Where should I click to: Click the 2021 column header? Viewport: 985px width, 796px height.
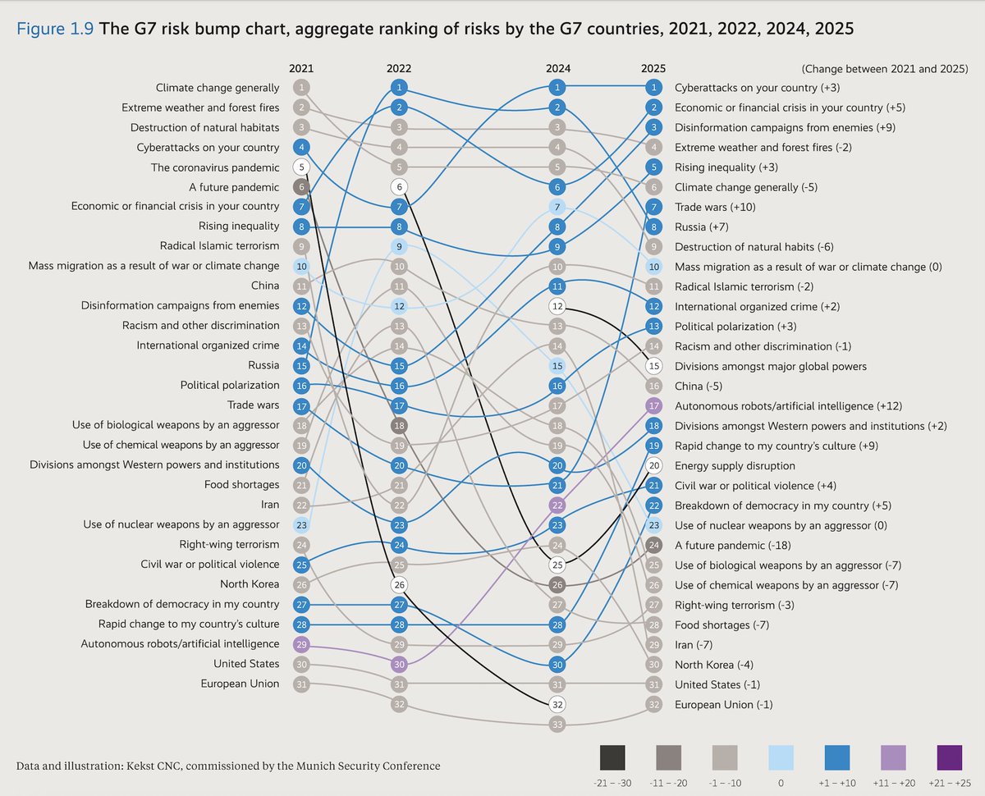pos(301,69)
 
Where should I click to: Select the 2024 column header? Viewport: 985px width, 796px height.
pos(558,69)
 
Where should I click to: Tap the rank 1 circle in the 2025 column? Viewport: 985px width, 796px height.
pos(653,87)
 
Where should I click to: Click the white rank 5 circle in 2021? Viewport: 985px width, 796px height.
pos(302,167)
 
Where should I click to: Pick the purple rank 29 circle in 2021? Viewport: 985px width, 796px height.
pos(302,644)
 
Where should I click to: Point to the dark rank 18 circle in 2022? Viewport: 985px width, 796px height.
pos(399,426)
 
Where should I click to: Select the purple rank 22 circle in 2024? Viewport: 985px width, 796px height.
pos(558,506)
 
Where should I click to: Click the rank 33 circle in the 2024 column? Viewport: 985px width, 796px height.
pos(558,724)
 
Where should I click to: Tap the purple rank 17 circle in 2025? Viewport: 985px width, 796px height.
pos(653,405)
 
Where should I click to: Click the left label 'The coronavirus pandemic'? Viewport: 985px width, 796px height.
pos(215,167)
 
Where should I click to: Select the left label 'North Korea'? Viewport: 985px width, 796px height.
pos(250,584)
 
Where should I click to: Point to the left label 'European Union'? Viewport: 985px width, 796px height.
pos(240,684)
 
